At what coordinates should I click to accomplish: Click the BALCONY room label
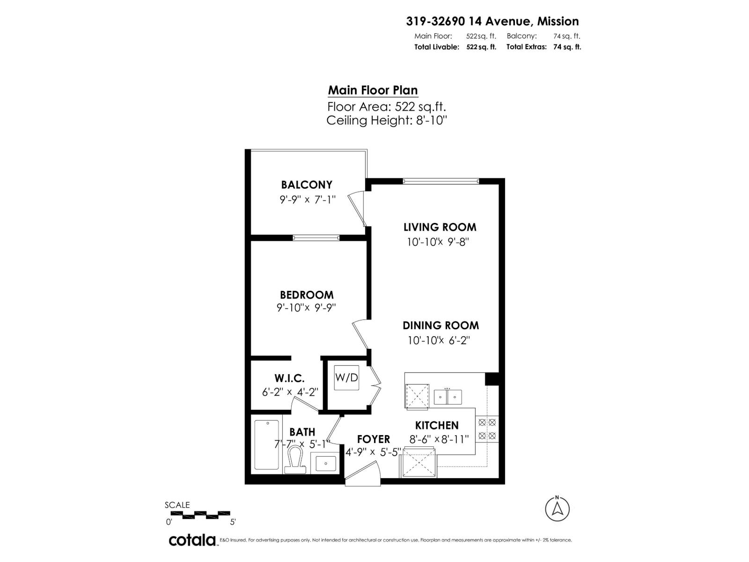pos(307,185)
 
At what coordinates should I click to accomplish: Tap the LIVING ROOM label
pos(440,227)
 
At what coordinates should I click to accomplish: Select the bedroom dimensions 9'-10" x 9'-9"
pos(307,308)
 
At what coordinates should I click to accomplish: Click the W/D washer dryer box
pos(346,377)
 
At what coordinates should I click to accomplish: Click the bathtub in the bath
pos(266,444)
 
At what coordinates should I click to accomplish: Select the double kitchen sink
pos(448,397)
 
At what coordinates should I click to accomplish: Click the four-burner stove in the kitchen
pos(487,429)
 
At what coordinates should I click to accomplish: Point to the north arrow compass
pos(557,508)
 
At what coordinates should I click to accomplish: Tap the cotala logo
pos(192,540)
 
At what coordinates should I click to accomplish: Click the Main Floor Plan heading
pos(373,90)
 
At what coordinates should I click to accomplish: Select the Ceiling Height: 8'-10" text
pos(387,120)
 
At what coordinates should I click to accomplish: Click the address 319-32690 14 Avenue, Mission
pos(492,21)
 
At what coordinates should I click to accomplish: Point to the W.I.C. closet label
pos(289,378)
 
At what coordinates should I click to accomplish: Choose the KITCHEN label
pos(437,425)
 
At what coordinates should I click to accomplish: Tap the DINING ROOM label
pos(441,325)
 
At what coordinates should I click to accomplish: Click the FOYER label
pos(373,439)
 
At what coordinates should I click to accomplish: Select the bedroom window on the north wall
pos(316,238)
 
